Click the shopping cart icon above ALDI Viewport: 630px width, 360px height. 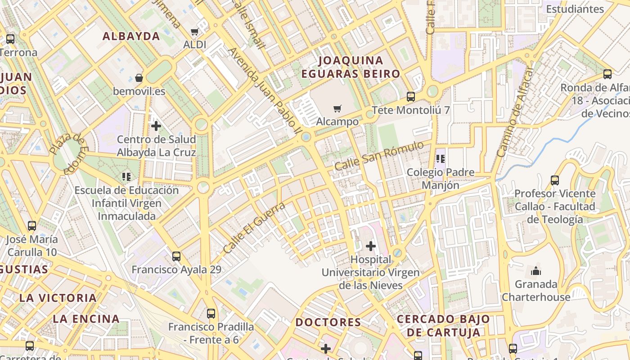tap(194, 31)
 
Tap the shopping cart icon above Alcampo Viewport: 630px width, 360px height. tap(337, 108)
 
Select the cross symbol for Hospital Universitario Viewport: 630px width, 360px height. tap(371, 246)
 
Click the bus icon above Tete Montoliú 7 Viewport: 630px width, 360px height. tap(410, 96)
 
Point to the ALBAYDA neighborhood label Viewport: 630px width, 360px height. tap(131, 36)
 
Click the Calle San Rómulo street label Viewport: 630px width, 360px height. tap(379, 156)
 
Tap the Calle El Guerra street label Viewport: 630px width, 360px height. tap(254, 227)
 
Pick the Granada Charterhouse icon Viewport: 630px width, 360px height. tap(535, 271)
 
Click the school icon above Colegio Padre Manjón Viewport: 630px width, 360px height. tap(441, 158)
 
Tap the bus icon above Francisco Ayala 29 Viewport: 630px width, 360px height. tap(176, 256)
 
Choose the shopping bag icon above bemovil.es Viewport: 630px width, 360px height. tap(139, 78)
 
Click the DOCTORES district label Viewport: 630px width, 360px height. tap(328, 322)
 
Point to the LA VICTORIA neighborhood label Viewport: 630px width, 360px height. tap(58, 298)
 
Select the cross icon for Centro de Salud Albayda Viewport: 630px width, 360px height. tap(156, 126)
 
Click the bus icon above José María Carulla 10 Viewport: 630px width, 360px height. tap(32, 225)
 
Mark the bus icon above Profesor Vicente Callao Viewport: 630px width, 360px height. tap(554, 180)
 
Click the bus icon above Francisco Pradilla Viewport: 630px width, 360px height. tap(211, 313)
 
